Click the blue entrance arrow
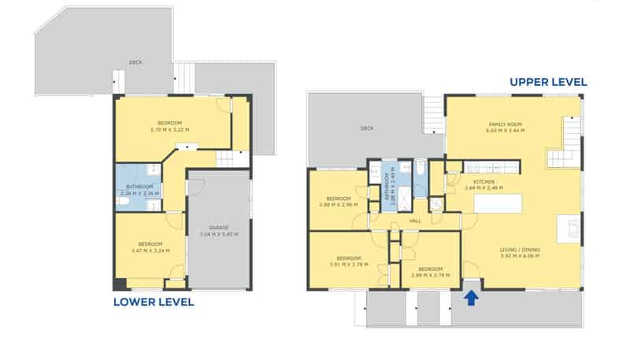coord(471,298)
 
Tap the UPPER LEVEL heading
coord(548,82)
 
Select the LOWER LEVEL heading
coord(154,302)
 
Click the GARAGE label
coord(219,228)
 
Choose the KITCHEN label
coord(480,182)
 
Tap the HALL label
coord(415,221)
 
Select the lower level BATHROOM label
coord(139,187)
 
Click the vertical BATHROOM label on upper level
coord(387,190)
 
